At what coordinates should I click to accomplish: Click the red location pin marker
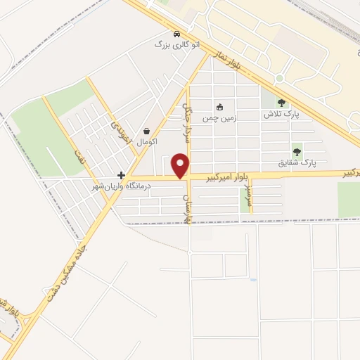pos(181,165)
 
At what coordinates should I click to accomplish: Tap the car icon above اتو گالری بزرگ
pos(176,34)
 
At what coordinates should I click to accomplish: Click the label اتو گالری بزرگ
pos(177,44)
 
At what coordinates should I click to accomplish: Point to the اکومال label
pos(146,142)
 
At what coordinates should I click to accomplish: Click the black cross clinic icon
pos(122,175)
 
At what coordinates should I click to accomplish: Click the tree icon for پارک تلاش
pos(281,103)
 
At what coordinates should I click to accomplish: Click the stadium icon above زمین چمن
pos(219,107)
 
